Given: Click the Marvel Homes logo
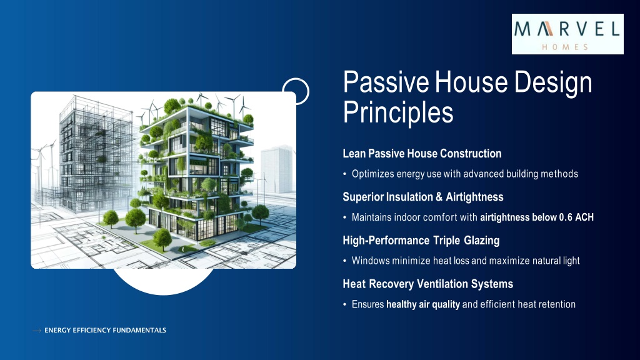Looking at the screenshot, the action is [x=567, y=34].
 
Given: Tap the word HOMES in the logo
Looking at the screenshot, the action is [x=565, y=47].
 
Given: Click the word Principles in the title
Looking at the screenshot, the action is [x=398, y=112].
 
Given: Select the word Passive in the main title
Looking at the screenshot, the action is [x=386, y=82].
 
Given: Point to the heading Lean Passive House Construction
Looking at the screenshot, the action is [x=422, y=154].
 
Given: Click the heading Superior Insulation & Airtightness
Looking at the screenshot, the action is [x=423, y=197].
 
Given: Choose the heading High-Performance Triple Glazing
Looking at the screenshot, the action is [x=421, y=241].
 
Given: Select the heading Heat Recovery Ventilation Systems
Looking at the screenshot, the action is [x=427, y=284].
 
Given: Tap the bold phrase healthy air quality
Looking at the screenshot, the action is [x=423, y=304].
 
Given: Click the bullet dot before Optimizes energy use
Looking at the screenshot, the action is [x=344, y=174].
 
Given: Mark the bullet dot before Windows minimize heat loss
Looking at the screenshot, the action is [x=344, y=261].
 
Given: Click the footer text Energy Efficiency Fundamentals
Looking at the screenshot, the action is [x=105, y=330].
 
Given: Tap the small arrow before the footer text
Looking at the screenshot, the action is [x=37, y=330].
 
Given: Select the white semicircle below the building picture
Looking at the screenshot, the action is [x=163, y=282].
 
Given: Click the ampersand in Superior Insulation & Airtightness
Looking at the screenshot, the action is [x=439, y=197].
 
